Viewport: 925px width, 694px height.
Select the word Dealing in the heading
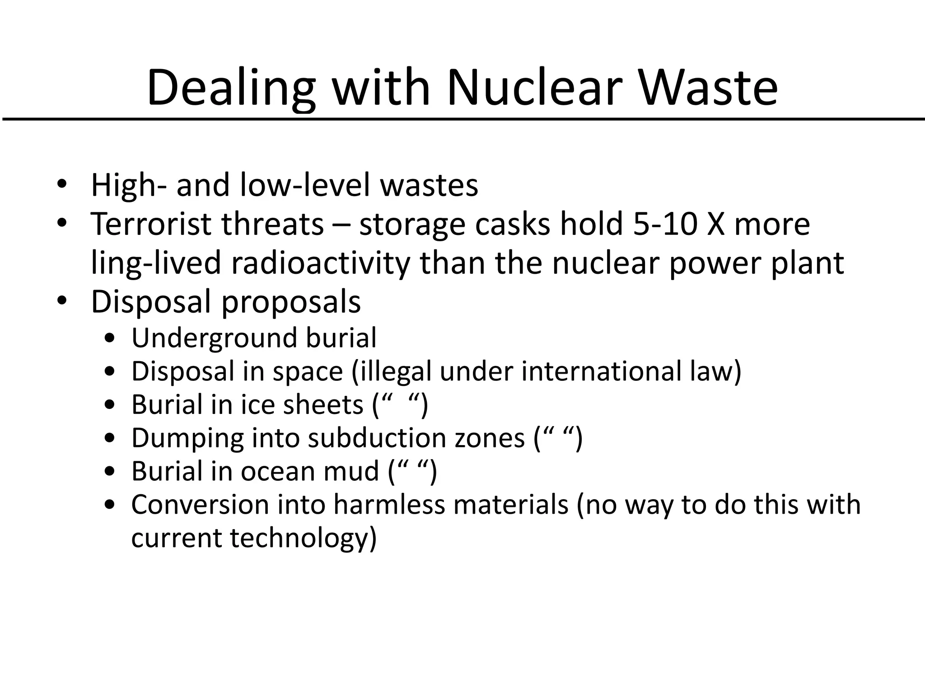pos(230,88)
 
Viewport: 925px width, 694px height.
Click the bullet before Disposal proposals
pos(62,301)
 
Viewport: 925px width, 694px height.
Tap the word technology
pos(303,539)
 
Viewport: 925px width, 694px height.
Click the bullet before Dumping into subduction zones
pos(109,438)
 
